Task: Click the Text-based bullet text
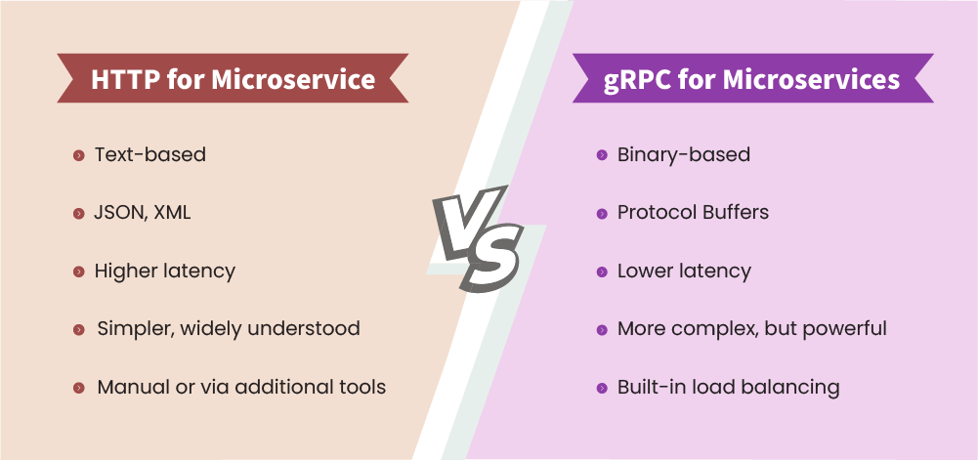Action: coord(149,154)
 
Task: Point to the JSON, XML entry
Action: coord(142,212)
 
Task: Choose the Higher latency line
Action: coord(164,271)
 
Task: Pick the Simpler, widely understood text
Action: coord(228,328)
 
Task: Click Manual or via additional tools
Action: coord(241,387)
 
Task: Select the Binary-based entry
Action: coord(683,154)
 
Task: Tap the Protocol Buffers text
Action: coord(693,212)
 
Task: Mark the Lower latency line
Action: coord(684,271)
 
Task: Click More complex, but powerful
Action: coord(751,328)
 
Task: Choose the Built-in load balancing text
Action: coord(728,387)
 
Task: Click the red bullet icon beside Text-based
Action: coord(78,155)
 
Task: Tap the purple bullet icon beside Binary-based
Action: coord(602,155)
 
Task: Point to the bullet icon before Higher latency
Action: coord(78,272)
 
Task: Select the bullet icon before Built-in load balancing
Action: coord(602,388)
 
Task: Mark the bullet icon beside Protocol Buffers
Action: coord(602,213)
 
